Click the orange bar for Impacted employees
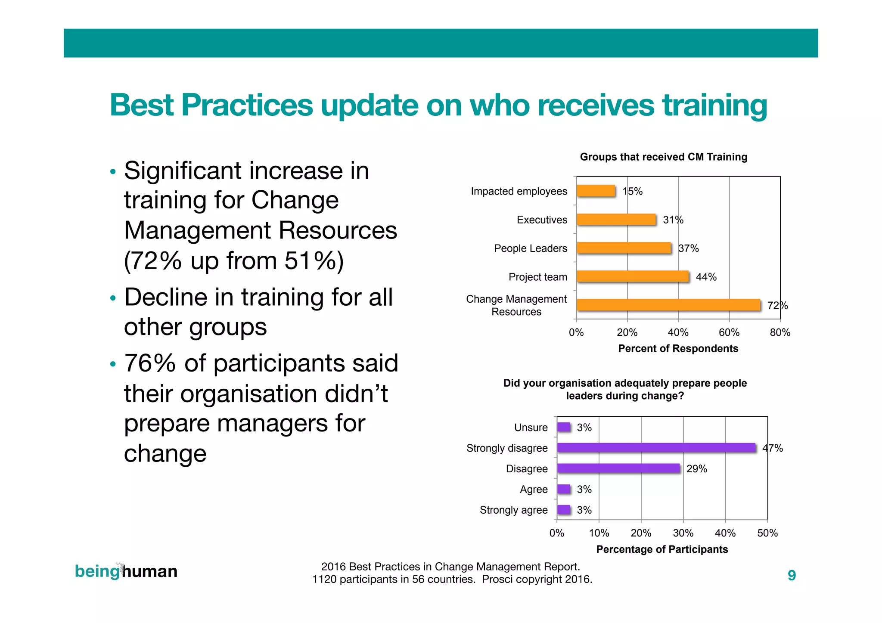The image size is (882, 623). pyautogui.click(x=596, y=191)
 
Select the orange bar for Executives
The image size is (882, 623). pyautogui.click(x=616, y=220)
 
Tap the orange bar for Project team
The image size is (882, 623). pyautogui.click(x=632, y=276)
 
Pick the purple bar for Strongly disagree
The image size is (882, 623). pyautogui.click(x=656, y=448)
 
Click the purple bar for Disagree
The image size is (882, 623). pyautogui.click(x=618, y=468)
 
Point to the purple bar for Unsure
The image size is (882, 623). pyautogui.click(x=563, y=427)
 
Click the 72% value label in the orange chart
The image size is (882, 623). pyautogui.click(x=777, y=306)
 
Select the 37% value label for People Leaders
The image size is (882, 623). pyautogui.click(x=688, y=248)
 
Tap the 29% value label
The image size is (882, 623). pyautogui.click(x=696, y=469)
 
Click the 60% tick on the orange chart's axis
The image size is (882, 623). pyautogui.click(x=729, y=332)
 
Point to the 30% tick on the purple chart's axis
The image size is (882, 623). pyautogui.click(x=683, y=533)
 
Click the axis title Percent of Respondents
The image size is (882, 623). pyautogui.click(x=678, y=348)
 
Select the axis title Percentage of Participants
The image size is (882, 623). pyautogui.click(x=662, y=549)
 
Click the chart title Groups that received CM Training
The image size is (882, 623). pyautogui.click(x=663, y=157)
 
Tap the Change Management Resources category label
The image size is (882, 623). pyautogui.click(x=516, y=305)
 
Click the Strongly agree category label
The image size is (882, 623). pyautogui.click(x=513, y=510)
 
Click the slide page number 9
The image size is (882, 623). pyautogui.click(x=792, y=575)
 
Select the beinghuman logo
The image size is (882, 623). pyautogui.click(x=126, y=571)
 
